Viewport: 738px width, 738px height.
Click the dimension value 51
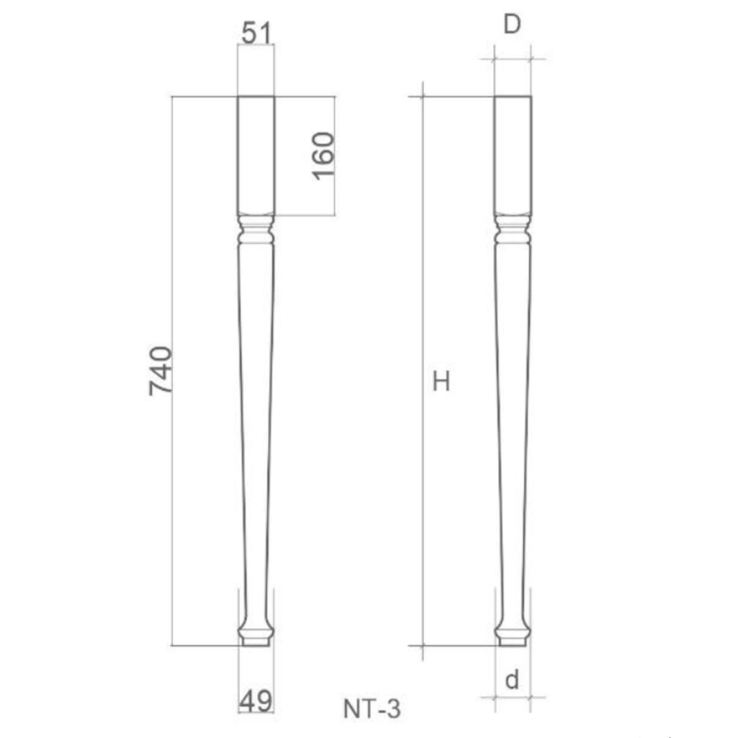click(256, 32)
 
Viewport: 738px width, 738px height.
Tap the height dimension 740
click(161, 371)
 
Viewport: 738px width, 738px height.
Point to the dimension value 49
click(256, 700)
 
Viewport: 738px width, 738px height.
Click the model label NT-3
click(372, 709)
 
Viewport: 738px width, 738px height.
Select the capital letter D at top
click(512, 25)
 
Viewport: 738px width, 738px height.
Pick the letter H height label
click(441, 382)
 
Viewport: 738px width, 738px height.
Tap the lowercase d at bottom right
click(512, 680)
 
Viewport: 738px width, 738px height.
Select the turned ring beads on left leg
click(256, 230)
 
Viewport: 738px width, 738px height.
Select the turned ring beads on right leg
click(512, 230)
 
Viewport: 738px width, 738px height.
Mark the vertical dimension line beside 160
click(335, 198)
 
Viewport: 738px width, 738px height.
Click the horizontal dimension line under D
click(512, 59)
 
